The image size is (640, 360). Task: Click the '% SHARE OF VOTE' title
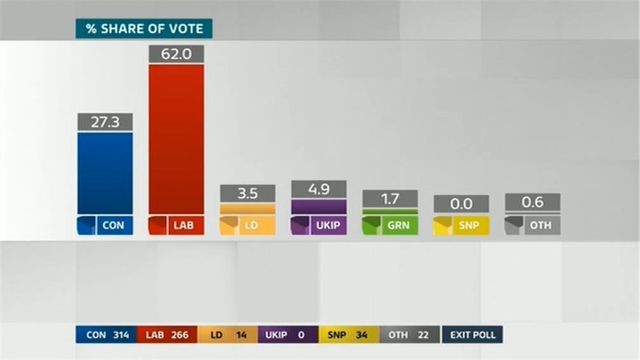pos(144,29)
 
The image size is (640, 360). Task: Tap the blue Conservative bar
pos(105,172)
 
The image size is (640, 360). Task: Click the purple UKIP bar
pos(318,207)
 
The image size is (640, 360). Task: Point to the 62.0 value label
pos(176,54)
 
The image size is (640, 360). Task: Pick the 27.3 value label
pos(105,122)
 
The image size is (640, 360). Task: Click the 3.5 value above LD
pos(247,193)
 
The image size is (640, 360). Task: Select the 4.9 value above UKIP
pos(318,189)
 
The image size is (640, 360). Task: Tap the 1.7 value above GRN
pos(390,198)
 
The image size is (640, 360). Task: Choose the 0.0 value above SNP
pos(461,203)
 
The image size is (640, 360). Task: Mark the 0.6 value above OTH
pos(532,202)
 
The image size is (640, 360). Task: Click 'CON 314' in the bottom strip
pos(105,335)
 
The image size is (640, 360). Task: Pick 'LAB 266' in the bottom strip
pos(167,335)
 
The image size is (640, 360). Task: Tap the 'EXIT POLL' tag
pos(473,335)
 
